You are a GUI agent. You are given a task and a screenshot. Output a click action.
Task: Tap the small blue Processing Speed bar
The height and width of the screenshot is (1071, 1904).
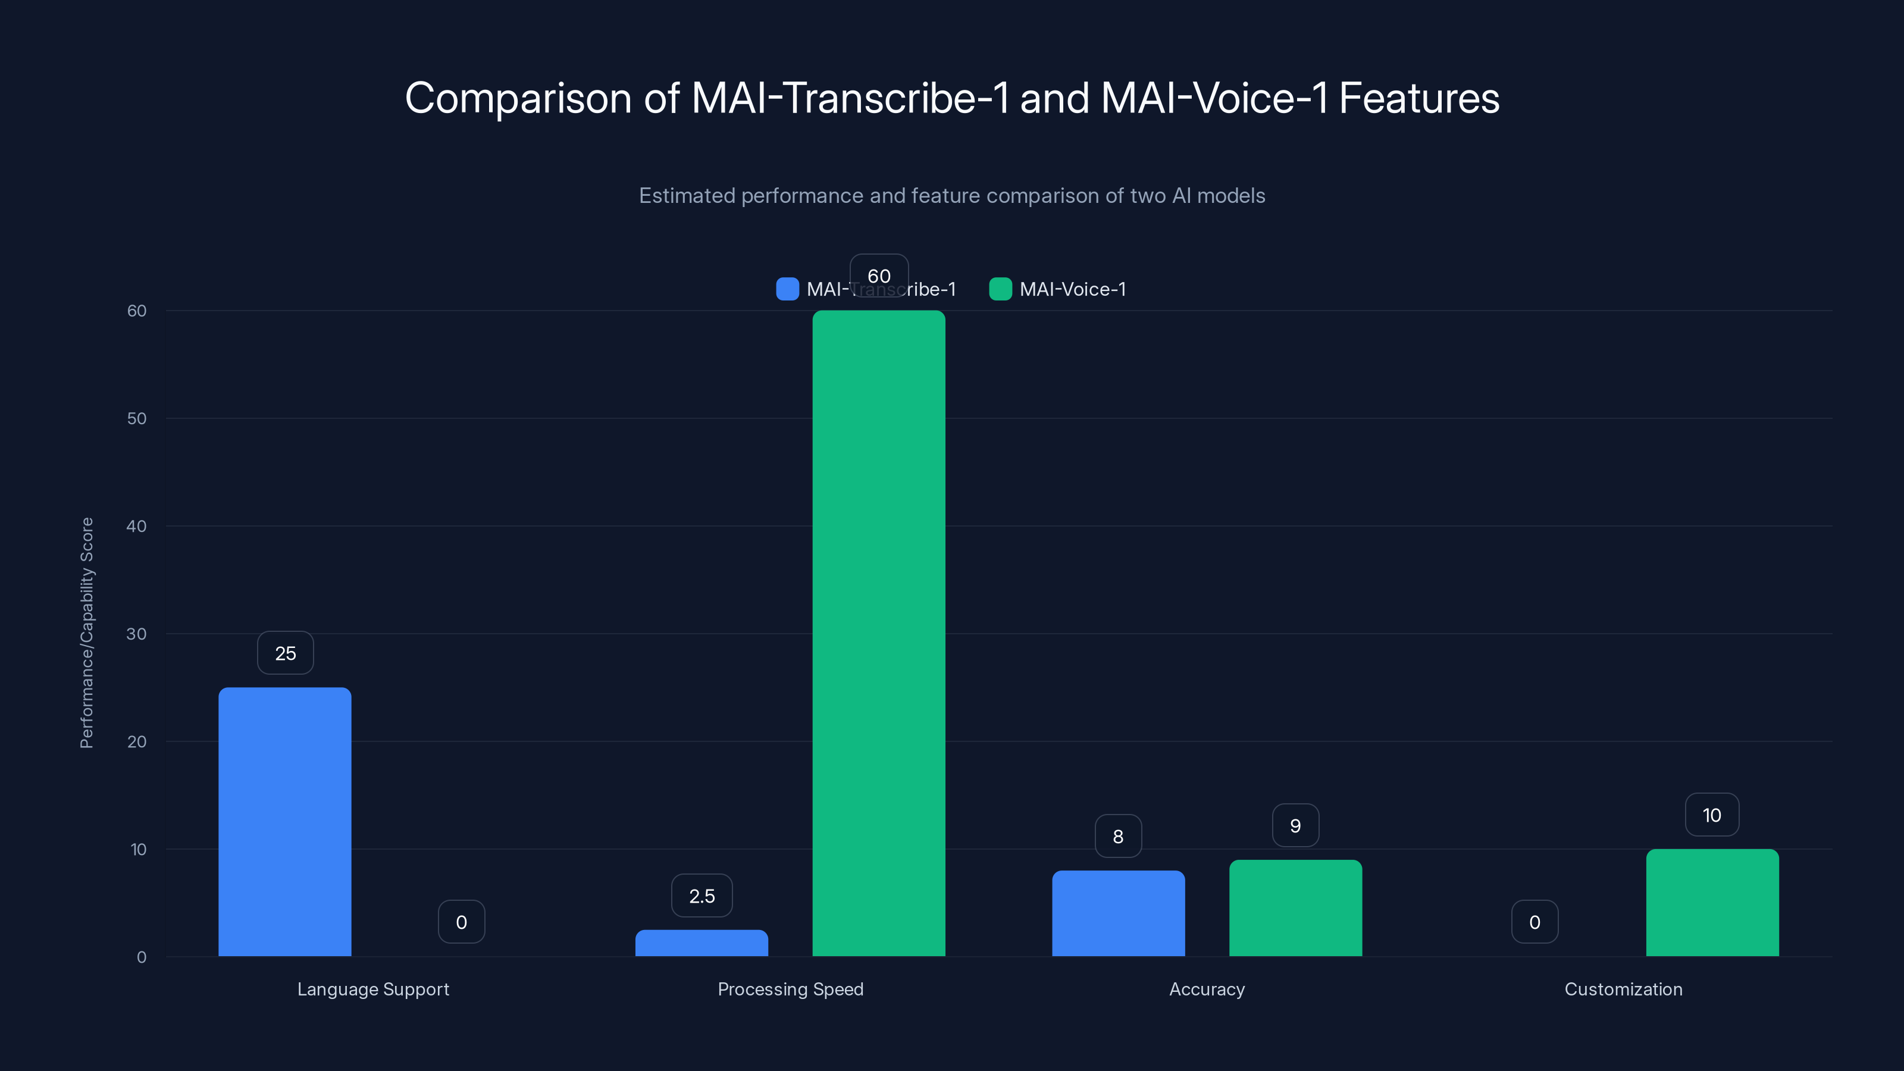702,942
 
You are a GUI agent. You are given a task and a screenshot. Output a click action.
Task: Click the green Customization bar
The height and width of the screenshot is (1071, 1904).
1712,902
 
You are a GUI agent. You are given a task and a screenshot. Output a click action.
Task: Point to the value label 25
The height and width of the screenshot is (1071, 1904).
286,653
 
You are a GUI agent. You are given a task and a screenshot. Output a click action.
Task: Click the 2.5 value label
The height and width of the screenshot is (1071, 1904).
702,896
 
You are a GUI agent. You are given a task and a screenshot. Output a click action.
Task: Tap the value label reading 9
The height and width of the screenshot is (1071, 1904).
1295,826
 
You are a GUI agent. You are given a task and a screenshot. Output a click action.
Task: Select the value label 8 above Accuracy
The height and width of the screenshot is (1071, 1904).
1117,836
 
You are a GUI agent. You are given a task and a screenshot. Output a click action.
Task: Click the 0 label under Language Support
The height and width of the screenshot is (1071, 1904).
461,922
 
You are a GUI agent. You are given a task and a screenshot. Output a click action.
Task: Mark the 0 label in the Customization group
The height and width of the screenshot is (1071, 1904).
1535,922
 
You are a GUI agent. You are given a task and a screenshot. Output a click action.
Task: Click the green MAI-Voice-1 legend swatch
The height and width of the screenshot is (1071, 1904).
1000,289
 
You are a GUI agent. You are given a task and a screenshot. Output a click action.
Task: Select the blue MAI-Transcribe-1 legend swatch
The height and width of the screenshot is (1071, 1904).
787,289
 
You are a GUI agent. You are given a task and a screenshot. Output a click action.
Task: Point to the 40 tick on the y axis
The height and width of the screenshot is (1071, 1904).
136,526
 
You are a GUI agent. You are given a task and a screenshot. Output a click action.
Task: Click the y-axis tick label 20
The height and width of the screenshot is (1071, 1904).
136,741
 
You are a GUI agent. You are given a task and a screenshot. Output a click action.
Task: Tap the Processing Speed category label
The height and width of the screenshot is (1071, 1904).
790,989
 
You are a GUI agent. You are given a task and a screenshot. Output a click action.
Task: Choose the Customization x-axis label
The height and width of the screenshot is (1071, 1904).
1623,989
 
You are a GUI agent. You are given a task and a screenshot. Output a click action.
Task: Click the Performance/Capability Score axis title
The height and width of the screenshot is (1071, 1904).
86,632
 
